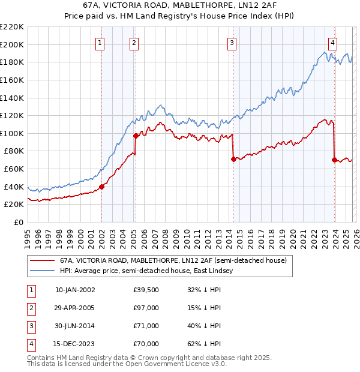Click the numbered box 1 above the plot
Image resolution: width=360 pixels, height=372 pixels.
pyautogui.click(x=99, y=43)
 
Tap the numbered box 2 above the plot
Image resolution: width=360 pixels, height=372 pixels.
pyautogui.click(x=133, y=43)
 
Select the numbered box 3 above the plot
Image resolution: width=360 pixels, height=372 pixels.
pyautogui.click(x=232, y=43)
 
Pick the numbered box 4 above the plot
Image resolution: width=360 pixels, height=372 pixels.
pyautogui.click(x=332, y=43)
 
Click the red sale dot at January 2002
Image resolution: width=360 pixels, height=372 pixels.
pyautogui.click(x=101, y=187)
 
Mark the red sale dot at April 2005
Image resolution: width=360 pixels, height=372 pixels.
pyautogui.click(x=136, y=136)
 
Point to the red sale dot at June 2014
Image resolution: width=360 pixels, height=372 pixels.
pyautogui.click(x=233, y=159)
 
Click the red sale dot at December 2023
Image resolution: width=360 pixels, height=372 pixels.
pyautogui.click(x=334, y=160)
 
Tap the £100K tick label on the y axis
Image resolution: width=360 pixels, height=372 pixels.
pyautogui.click(x=12, y=133)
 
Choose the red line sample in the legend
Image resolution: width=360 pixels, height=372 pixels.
pyautogui.click(x=41, y=261)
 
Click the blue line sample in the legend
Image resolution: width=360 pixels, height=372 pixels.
pyautogui.click(x=41, y=271)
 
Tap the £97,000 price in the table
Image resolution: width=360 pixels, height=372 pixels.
pyautogui.click(x=146, y=308)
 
